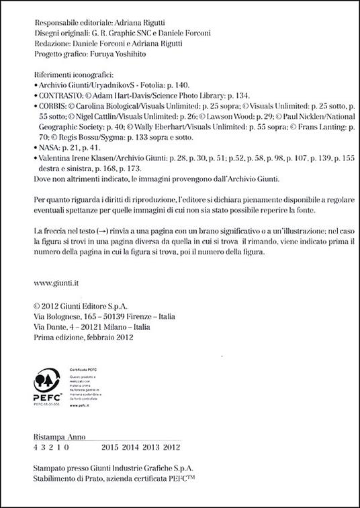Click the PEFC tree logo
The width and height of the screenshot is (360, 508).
(45, 382)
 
